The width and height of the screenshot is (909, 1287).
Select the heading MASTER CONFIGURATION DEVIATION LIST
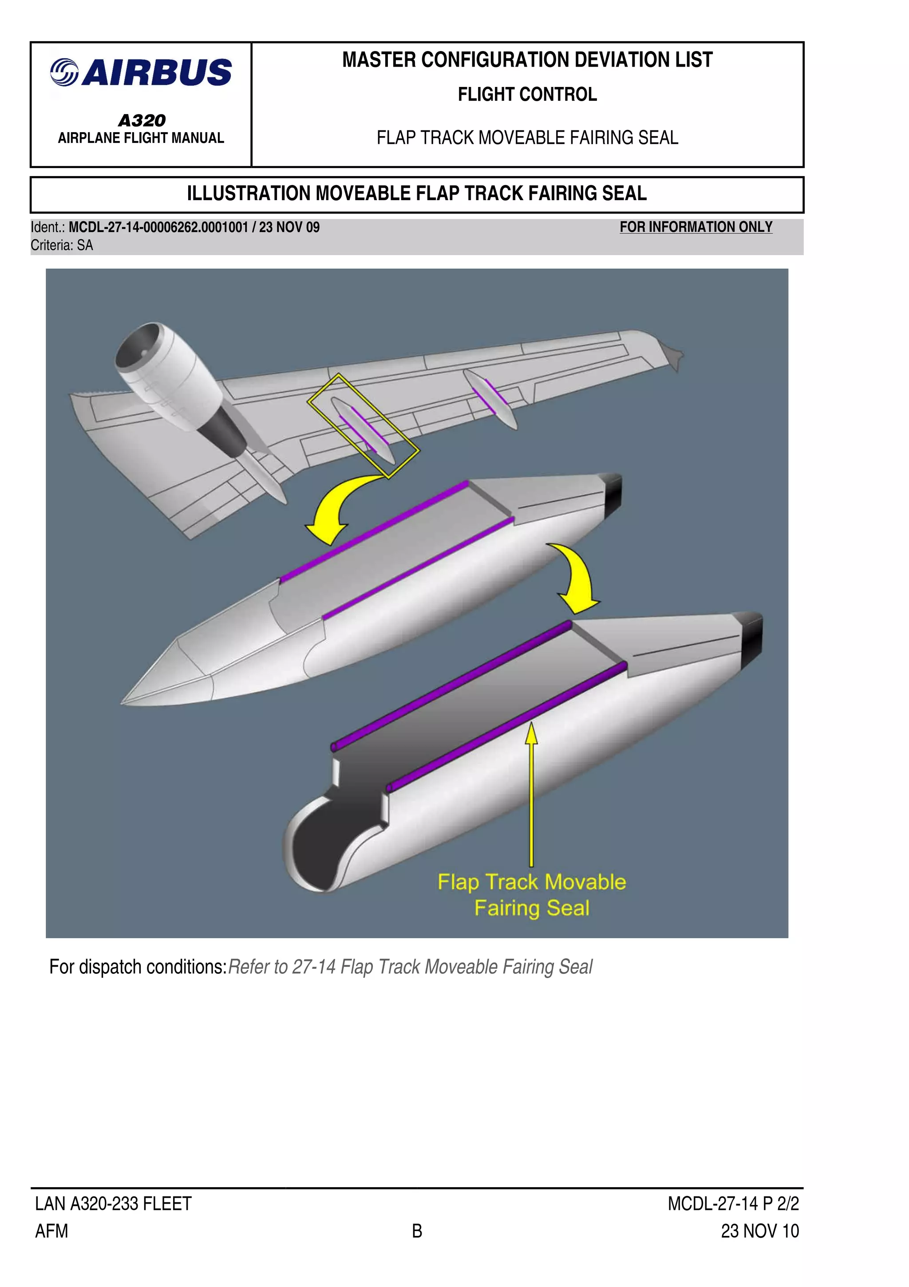(527, 60)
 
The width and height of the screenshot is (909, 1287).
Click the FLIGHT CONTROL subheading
(527, 94)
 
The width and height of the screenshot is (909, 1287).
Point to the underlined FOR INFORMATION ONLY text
(696, 227)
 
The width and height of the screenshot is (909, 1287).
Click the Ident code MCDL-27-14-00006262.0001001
(158, 228)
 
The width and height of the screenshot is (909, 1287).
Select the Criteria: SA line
(62, 245)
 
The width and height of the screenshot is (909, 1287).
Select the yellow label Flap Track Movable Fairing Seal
(532, 895)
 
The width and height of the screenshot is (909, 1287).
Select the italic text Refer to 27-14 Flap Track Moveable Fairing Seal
(410, 967)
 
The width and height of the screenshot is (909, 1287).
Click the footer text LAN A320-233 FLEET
(113, 1204)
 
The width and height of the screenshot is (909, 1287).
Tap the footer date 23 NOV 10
(759, 1232)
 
